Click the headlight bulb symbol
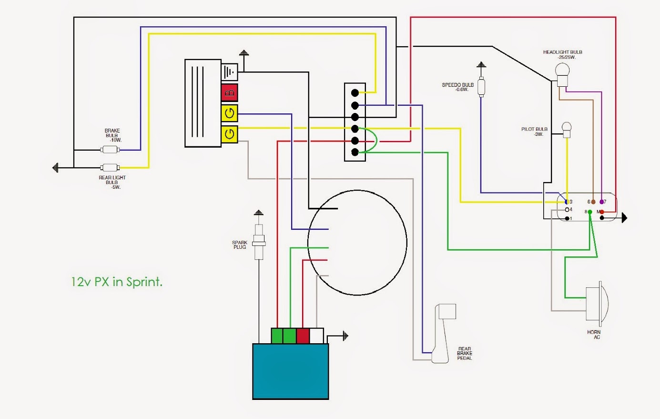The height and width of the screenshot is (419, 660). coord(562,75)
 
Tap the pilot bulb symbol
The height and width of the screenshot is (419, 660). coord(566,130)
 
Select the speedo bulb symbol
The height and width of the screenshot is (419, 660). coord(481,87)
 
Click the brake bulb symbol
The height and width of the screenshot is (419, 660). coord(110,150)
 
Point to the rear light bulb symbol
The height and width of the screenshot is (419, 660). coord(110,168)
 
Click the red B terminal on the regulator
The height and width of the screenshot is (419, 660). coord(230,93)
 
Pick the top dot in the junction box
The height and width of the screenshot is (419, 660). coord(355,93)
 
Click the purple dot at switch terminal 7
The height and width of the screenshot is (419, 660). coord(601,202)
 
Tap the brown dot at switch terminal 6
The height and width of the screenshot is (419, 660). coord(593,202)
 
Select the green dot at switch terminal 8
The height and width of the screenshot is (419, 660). coord(589,212)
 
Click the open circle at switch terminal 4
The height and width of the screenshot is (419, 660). coord(567,210)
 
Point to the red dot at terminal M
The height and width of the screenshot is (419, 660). coord(602,212)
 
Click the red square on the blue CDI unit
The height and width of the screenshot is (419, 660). coord(303,336)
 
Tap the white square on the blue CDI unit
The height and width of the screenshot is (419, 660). coord(316,336)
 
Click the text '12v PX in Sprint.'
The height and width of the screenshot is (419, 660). coord(117,282)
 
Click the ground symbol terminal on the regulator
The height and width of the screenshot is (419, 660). coord(230,72)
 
